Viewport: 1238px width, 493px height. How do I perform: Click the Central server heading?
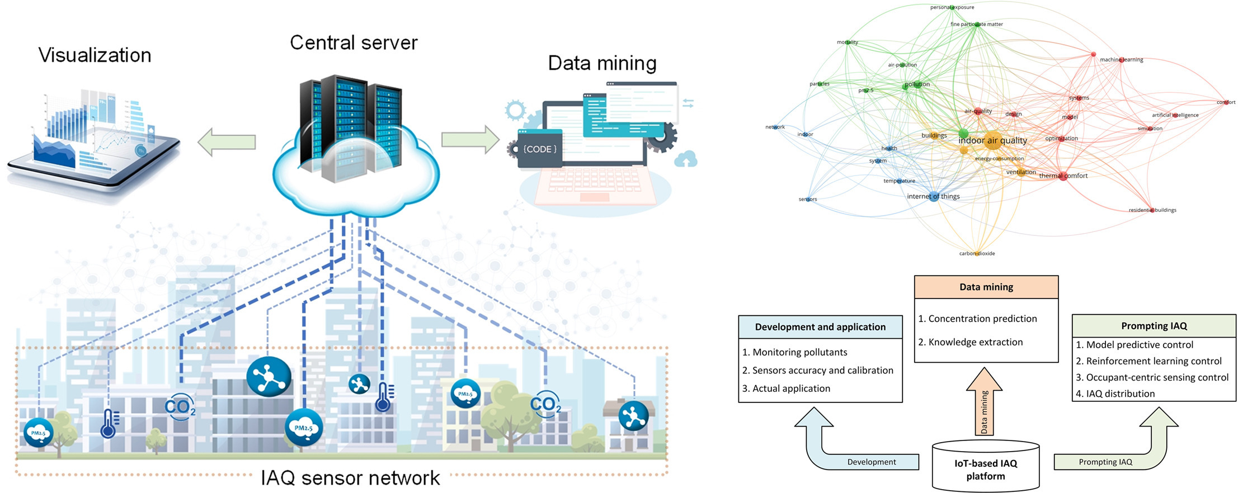tap(354, 42)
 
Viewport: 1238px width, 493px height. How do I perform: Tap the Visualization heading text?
tap(95, 55)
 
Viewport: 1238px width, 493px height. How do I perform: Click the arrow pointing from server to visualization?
tap(227, 142)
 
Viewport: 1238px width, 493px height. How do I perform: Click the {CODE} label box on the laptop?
tap(539, 149)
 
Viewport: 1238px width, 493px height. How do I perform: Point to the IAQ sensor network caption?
tap(350, 478)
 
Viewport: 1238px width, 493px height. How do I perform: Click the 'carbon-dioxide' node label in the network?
tap(977, 253)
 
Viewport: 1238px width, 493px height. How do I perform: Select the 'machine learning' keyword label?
tap(1121, 59)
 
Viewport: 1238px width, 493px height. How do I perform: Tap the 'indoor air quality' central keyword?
tap(992, 140)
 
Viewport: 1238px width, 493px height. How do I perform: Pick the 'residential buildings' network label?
tap(1152, 210)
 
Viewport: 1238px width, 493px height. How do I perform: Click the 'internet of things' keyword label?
tap(933, 196)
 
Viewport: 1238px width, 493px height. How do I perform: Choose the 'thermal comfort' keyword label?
tap(1063, 176)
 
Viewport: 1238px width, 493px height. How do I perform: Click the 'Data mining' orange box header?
tap(986, 287)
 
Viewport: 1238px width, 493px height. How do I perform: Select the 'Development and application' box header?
tap(820, 327)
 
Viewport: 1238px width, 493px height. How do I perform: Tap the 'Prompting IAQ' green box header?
tap(1154, 326)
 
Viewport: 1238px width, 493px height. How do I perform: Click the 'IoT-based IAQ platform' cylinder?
tap(985, 469)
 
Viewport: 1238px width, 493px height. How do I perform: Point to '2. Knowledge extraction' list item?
tap(970, 342)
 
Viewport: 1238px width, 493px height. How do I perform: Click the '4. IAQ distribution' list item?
tap(1115, 394)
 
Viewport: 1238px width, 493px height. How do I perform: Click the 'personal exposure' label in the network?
tap(952, 7)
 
